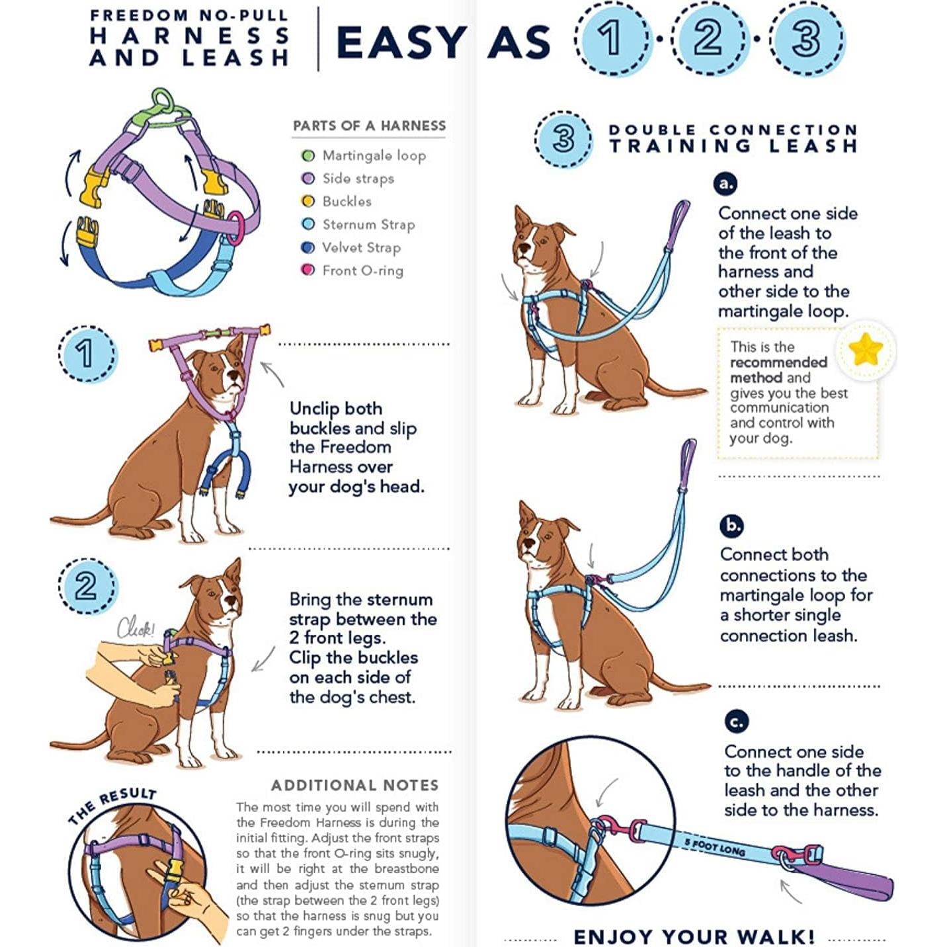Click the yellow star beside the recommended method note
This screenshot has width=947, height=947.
[x=865, y=350]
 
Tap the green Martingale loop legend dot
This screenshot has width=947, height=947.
[x=308, y=156]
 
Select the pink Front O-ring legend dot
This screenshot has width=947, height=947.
[x=308, y=270]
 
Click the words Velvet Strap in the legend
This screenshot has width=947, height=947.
[x=361, y=247]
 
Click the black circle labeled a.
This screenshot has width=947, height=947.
[x=726, y=183]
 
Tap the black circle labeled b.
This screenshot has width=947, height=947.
[x=731, y=526]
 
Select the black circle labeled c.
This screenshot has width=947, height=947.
[x=736, y=721]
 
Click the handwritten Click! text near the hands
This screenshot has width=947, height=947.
[x=136, y=628]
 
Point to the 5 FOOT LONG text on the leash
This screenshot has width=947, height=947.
[x=714, y=847]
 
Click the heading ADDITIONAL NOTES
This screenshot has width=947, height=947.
[x=354, y=785]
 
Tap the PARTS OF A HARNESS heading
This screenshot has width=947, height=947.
[x=369, y=126]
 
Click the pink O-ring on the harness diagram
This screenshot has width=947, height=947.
[x=235, y=228]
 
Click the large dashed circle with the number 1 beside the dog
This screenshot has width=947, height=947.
[x=87, y=354]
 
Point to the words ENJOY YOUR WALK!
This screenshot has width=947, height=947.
[x=694, y=936]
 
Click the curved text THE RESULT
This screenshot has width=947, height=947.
[x=112, y=804]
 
